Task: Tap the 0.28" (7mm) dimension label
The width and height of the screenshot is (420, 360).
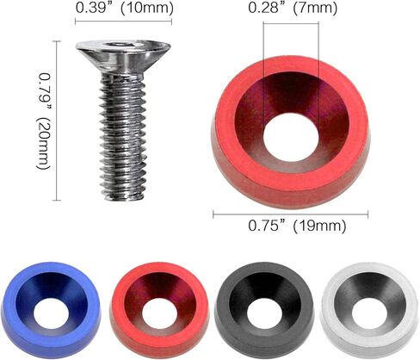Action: (x=292, y=9)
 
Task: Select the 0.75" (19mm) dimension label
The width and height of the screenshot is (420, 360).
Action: (x=295, y=227)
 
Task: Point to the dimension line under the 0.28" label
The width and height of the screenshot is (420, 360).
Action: (x=292, y=23)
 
